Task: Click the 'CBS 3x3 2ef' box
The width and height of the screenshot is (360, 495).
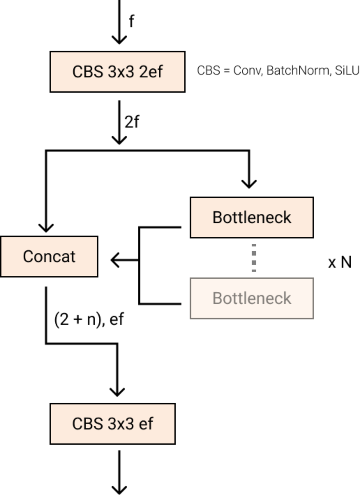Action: click(118, 72)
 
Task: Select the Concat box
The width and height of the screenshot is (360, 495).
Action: click(49, 256)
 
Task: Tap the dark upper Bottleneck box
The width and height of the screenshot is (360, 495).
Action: click(252, 218)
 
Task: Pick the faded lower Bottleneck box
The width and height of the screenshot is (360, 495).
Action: click(252, 298)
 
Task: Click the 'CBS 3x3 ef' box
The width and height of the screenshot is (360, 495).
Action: click(113, 424)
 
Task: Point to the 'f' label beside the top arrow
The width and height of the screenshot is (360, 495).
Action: click(132, 21)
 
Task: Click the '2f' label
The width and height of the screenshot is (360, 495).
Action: click(132, 122)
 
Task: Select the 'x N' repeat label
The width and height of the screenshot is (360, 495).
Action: click(340, 262)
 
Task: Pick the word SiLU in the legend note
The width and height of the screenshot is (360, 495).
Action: click(347, 70)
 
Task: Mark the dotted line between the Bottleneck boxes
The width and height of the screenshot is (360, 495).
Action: click(254, 258)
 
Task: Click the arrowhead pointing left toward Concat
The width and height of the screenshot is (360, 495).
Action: click(115, 260)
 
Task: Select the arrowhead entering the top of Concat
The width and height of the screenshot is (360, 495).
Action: click(46, 228)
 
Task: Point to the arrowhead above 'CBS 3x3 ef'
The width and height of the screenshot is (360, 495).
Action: click(117, 393)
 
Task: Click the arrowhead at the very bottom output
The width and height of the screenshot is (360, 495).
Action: click(119, 490)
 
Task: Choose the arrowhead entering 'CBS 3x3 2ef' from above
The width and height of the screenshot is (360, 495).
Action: click(119, 40)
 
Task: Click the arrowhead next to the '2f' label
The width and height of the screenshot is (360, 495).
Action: click(119, 140)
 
